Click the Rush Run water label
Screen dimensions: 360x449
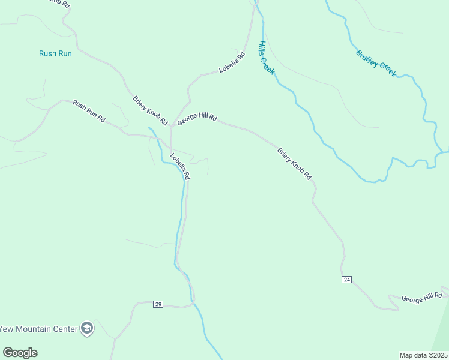pyautogui.click(x=55, y=53)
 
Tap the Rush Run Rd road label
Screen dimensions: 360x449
pyautogui.click(x=89, y=111)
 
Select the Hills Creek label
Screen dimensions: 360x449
pyautogui.click(x=267, y=58)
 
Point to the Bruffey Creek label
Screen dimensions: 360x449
pyautogui.click(x=376, y=63)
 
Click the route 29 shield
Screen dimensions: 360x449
pyautogui.click(x=158, y=304)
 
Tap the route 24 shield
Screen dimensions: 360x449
pyautogui.click(x=346, y=280)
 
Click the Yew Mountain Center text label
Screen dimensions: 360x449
pyautogui.click(x=39, y=329)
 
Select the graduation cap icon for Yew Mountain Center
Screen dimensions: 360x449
pyautogui.click(x=87, y=329)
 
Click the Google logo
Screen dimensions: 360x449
pyautogui.click(x=20, y=353)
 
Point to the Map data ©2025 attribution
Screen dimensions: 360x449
pyautogui.click(x=424, y=355)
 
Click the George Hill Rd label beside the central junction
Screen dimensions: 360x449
pyautogui.click(x=196, y=120)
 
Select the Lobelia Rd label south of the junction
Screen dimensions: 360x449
pyautogui.click(x=180, y=167)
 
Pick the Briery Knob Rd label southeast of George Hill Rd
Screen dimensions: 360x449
pyautogui.click(x=295, y=163)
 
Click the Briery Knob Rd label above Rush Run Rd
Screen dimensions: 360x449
pyautogui.click(x=150, y=107)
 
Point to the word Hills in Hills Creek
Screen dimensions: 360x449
pyautogui.click(x=262, y=49)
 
